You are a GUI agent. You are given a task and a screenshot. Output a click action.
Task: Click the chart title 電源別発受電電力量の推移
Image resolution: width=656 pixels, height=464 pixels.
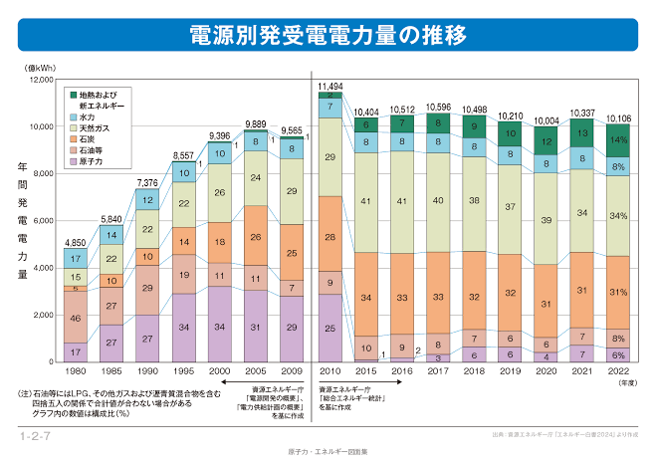(328, 37)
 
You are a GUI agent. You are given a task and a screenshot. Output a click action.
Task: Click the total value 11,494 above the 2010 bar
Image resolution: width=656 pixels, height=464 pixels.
(330, 87)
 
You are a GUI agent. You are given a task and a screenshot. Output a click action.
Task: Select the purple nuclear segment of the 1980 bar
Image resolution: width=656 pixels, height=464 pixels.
(77, 351)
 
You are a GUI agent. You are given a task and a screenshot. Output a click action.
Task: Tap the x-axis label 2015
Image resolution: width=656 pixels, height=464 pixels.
(366, 370)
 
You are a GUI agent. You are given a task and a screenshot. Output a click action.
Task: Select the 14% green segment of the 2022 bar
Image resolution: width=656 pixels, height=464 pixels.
(618, 139)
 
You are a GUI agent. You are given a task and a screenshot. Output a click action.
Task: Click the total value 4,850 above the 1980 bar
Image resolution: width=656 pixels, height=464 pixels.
(77, 242)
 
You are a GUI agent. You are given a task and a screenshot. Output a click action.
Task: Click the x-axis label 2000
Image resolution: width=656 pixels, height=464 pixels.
(220, 370)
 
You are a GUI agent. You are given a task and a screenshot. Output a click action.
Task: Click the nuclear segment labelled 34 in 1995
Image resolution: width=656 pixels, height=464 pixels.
(184, 328)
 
